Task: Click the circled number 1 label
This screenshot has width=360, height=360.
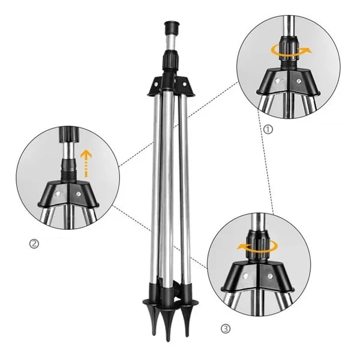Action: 268,128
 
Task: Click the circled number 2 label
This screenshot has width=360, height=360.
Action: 34,243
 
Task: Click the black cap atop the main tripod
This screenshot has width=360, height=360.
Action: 171,28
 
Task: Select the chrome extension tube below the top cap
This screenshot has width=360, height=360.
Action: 170,45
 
